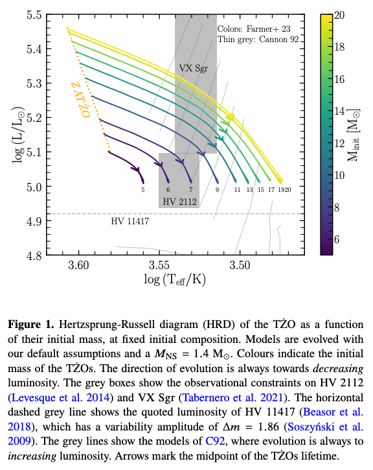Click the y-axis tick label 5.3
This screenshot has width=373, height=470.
[x=34, y=84]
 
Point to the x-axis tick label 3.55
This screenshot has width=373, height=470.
[x=159, y=265]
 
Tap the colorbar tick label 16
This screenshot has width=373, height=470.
[x=339, y=79]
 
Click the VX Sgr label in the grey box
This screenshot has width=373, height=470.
[x=194, y=68]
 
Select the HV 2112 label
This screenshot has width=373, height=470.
[x=179, y=202]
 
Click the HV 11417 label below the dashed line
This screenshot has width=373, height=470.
[x=130, y=221]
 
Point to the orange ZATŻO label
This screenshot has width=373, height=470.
[x=80, y=100]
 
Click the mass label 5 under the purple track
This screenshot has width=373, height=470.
[x=143, y=190]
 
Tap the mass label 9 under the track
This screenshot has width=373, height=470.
[x=218, y=190]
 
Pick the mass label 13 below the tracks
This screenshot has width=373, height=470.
[x=250, y=190]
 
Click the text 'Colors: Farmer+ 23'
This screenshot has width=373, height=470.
[x=254, y=29]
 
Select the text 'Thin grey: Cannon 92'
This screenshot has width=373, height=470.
[x=258, y=40]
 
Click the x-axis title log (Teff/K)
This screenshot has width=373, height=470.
[x=175, y=279]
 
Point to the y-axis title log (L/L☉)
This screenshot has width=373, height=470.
[x=18, y=135]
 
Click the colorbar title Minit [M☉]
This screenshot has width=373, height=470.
[x=354, y=135]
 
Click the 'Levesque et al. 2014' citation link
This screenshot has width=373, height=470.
[x=60, y=397]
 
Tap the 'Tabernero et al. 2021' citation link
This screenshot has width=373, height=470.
[x=232, y=397]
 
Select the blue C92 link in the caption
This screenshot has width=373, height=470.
[x=215, y=441]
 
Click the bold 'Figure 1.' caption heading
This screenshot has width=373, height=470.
[x=31, y=325]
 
